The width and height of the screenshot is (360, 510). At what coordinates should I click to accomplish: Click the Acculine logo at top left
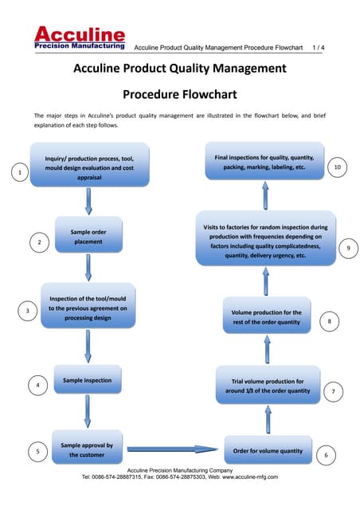[79, 38]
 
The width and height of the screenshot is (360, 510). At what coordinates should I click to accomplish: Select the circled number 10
[338, 167]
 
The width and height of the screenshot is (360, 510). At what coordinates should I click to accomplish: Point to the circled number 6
[327, 455]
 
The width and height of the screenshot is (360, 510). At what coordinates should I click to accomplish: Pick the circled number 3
[28, 311]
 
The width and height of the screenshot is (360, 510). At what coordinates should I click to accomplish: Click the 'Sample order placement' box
[88, 236]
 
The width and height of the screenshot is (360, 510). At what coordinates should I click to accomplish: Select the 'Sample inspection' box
[88, 382]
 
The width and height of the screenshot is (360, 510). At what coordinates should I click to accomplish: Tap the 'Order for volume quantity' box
[267, 451]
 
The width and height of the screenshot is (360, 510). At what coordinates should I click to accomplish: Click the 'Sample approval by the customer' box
[87, 449]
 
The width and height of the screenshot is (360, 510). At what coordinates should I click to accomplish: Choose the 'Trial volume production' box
[267, 386]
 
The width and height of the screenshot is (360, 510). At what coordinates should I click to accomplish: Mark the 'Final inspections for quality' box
[264, 163]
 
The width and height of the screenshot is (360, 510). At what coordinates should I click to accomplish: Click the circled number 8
[330, 321]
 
